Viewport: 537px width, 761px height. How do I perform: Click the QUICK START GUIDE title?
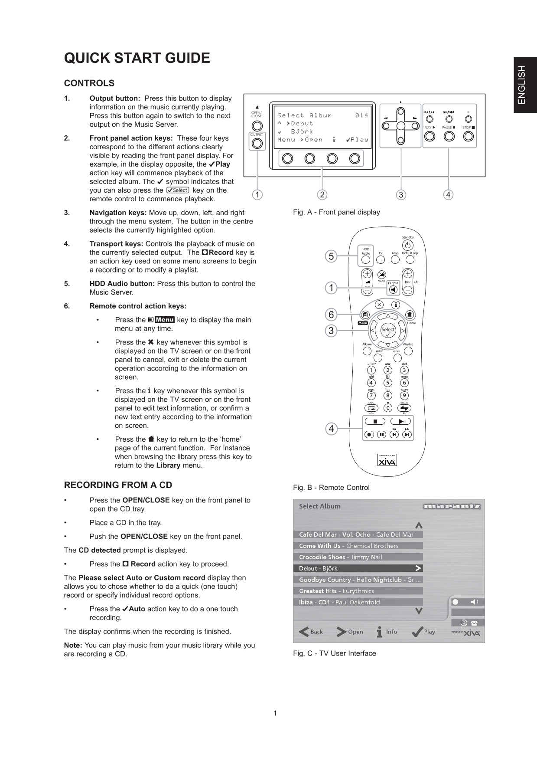point(137,58)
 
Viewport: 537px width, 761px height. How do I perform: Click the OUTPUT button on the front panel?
point(257,144)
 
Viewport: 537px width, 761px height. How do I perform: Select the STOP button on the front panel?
point(468,136)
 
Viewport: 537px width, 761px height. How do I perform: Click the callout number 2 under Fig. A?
point(322,195)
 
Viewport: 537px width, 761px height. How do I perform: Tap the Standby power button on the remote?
point(408,246)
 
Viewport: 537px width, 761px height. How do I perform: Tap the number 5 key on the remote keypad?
point(387,383)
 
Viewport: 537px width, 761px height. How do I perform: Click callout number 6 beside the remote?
point(331,315)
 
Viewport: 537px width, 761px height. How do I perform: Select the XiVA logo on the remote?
point(387,461)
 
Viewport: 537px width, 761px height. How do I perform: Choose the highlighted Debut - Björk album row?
point(358,568)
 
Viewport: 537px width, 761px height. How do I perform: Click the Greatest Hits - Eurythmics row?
point(358,591)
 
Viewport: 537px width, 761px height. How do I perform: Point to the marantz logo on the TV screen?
point(452,506)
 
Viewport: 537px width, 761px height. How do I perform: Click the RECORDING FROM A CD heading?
point(118,485)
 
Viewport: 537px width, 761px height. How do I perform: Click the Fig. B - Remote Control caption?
point(331,488)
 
